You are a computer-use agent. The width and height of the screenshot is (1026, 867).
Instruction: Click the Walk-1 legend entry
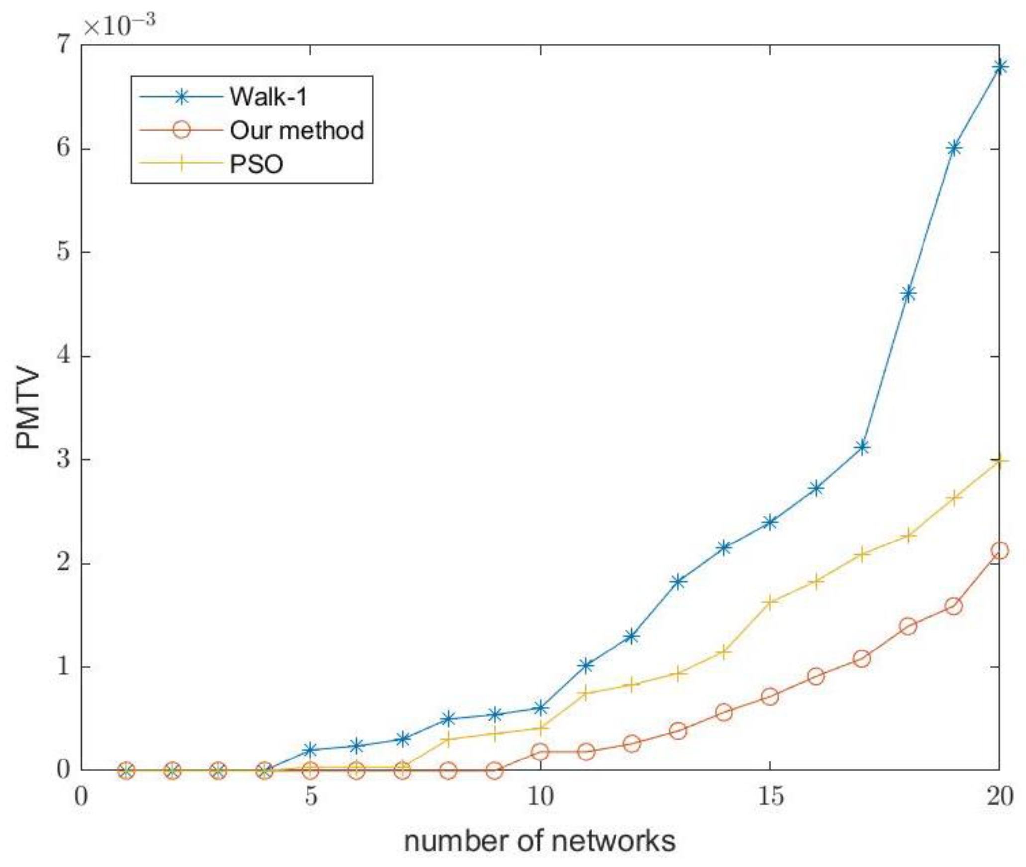(x=268, y=96)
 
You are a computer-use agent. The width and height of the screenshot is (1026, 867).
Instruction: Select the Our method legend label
(x=297, y=130)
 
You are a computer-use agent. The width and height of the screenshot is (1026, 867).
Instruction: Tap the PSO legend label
(x=256, y=164)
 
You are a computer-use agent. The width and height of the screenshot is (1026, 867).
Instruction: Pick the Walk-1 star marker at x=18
(x=908, y=294)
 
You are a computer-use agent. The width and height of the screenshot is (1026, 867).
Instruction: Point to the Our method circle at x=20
(x=999, y=551)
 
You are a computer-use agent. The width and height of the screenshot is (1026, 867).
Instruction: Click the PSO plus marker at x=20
(x=999, y=461)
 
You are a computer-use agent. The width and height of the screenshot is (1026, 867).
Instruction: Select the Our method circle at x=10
(x=540, y=752)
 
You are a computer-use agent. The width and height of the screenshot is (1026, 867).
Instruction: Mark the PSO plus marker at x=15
(x=770, y=602)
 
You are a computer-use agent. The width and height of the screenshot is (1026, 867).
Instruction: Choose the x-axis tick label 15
(x=770, y=797)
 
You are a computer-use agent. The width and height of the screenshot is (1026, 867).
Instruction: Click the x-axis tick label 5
(x=310, y=797)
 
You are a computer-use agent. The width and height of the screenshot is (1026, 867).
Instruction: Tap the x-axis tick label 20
(x=999, y=797)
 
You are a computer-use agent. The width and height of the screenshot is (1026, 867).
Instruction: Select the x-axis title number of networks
(x=539, y=841)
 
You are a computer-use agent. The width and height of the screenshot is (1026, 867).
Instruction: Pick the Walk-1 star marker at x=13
(x=678, y=581)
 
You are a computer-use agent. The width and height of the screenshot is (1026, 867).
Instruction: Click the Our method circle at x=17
(x=862, y=659)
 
